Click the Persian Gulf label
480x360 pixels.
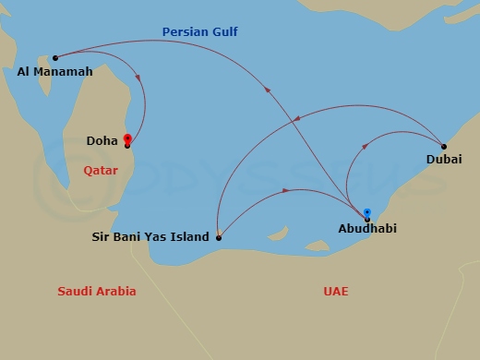click(199, 32)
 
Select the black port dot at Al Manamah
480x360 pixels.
click(55, 57)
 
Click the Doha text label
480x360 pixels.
click(102, 141)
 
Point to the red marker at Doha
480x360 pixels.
click(126, 140)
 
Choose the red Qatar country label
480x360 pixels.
click(101, 170)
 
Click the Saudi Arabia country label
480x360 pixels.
click(97, 292)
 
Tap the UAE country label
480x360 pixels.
click(336, 292)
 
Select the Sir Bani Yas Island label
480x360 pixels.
click(150, 237)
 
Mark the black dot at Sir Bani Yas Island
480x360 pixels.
click(219, 237)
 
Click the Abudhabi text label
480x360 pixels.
click(367, 228)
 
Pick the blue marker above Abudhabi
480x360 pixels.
click(367, 212)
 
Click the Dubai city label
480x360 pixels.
click(444, 160)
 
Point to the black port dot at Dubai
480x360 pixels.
click(444, 146)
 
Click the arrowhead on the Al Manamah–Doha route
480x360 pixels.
click(138, 78)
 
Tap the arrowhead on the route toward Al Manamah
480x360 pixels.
click(268, 89)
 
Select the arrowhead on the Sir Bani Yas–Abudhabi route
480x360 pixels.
click(287, 191)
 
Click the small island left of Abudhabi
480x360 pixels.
click(317, 246)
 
